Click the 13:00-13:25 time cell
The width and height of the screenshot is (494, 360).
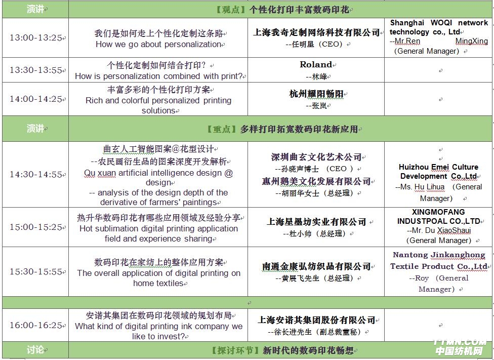click(35, 38)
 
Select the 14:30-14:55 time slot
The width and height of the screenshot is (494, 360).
click(35, 175)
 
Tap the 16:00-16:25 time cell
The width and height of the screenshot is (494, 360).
click(35, 325)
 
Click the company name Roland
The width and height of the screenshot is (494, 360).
click(316, 65)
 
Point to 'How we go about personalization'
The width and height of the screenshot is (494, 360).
click(158, 44)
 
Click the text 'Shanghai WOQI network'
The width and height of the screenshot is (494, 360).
click(438, 23)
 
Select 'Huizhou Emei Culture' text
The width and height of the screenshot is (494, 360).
click(438, 167)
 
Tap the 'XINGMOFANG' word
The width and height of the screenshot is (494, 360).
click(438, 212)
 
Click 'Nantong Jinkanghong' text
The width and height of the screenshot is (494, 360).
click(438, 255)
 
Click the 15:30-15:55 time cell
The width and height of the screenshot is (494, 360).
click(35, 272)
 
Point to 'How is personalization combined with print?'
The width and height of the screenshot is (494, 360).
click(158, 76)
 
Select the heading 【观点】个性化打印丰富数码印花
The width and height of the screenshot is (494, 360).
click(281, 10)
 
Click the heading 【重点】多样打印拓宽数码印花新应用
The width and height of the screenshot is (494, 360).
click(281, 129)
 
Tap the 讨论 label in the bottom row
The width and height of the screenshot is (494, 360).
click(35, 350)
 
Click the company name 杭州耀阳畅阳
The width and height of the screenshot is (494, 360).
click(316, 94)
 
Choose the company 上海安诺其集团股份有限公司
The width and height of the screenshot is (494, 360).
click(316, 320)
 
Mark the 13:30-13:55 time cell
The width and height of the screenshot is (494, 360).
click(35, 70)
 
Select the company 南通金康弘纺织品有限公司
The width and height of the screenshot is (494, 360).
click(316, 266)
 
